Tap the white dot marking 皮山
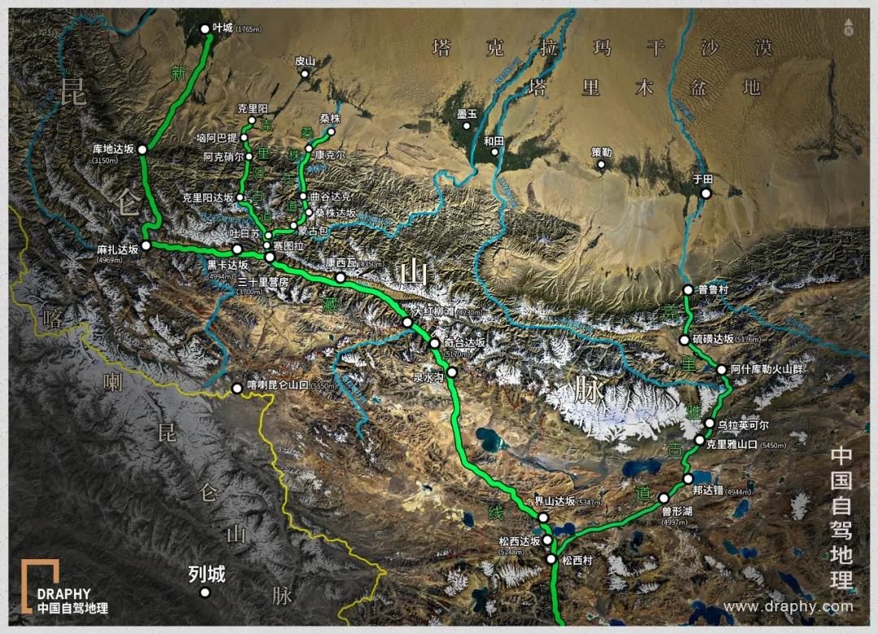[306, 74]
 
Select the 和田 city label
[493, 141]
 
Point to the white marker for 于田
[706, 193]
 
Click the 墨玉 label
[467, 113]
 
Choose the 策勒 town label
[602, 151]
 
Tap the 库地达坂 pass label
[113, 149]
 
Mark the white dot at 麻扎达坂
[146, 245]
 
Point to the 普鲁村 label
[713, 289]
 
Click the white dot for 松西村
[552, 559]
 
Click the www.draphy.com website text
[788, 606]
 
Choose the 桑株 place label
[330, 119]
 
